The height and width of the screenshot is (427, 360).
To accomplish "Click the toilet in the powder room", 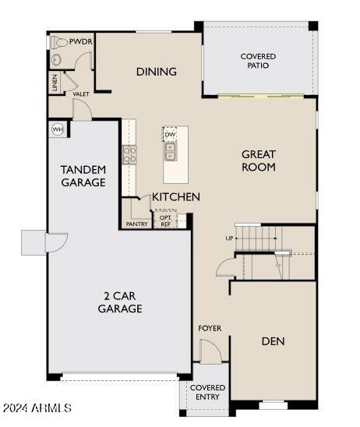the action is [58, 43].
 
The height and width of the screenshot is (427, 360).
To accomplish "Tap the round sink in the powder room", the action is [57, 60].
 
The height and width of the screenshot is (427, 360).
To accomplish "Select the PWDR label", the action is [80, 41].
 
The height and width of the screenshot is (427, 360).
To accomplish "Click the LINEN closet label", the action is [55, 83].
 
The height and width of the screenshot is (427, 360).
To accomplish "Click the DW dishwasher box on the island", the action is [170, 134].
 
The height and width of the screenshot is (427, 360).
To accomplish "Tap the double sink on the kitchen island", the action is [171, 151].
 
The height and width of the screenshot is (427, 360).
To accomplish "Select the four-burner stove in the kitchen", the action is [129, 155].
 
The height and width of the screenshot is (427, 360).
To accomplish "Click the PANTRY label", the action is [136, 224].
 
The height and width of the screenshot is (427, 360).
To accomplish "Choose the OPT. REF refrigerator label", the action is [165, 221].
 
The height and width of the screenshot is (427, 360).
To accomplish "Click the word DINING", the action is [157, 72].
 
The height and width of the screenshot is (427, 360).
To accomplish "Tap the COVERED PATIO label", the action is [258, 61].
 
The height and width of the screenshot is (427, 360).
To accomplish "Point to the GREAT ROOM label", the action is [259, 161].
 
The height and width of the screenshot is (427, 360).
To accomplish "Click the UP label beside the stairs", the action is [229, 238].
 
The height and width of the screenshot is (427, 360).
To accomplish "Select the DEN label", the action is [274, 341].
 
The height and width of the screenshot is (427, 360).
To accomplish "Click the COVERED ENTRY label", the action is [207, 392].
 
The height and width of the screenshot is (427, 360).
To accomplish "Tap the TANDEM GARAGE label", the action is [83, 176].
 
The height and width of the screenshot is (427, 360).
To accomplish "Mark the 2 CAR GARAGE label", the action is [120, 302].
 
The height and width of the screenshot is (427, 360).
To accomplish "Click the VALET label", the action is [81, 94].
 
